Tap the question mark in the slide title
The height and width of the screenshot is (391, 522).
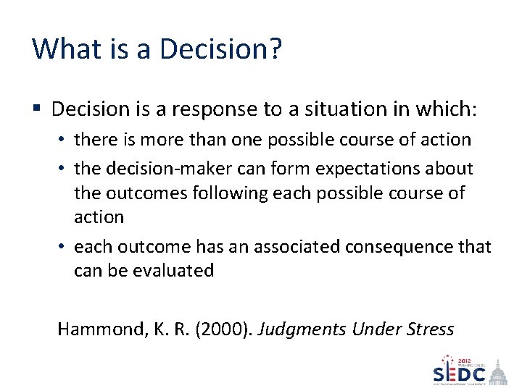[x=275, y=49]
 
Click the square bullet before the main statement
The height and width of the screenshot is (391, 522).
[x=37, y=109]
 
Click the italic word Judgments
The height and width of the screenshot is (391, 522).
[x=302, y=329]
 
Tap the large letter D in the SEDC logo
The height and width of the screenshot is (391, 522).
[x=463, y=374]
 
